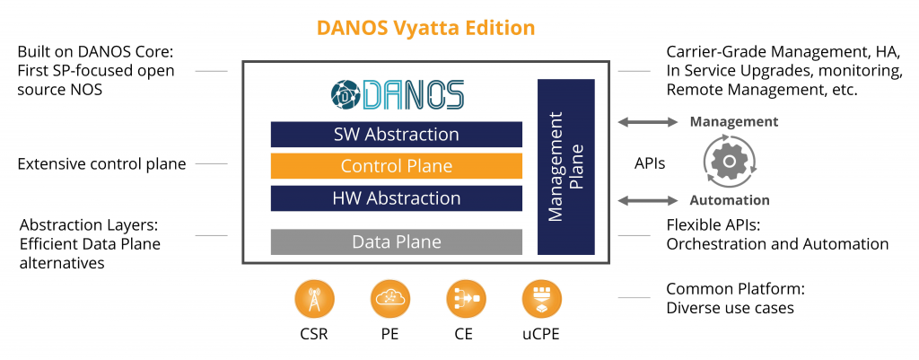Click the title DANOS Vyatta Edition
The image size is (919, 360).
click(x=425, y=28)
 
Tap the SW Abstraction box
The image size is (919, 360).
click(x=396, y=135)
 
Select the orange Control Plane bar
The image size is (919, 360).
click(x=396, y=166)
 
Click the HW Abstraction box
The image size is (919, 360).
click(x=396, y=198)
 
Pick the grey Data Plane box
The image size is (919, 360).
click(x=396, y=241)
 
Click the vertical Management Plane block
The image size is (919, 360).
click(x=566, y=166)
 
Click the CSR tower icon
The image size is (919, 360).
click(x=315, y=299)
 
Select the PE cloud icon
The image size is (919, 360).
click(x=390, y=299)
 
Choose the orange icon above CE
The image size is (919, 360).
click(x=466, y=299)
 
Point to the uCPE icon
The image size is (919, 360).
click(x=541, y=299)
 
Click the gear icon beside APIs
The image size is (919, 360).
click(x=730, y=161)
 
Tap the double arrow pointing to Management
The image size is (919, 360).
click(x=648, y=122)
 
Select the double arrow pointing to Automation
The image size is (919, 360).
click(x=648, y=200)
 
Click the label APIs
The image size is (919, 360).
click(x=650, y=163)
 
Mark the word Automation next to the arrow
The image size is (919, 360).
click(x=729, y=200)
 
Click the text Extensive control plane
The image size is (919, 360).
click(x=102, y=163)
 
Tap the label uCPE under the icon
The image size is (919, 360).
click(x=540, y=335)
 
